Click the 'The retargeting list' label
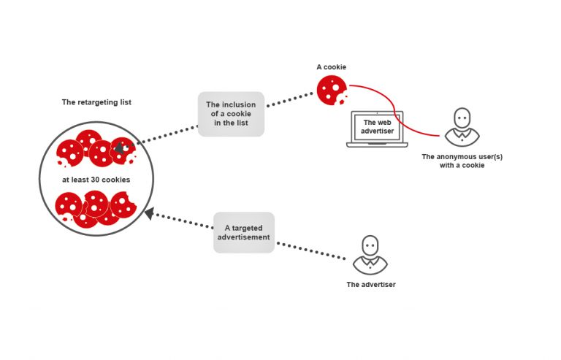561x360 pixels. pyautogui.click(x=96, y=102)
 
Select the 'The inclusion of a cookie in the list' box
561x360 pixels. pyautogui.click(x=231, y=114)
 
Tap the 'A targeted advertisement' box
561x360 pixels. pyautogui.click(x=244, y=232)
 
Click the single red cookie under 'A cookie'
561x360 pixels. pyautogui.click(x=332, y=90)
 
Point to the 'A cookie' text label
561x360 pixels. pyautogui.click(x=332, y=67)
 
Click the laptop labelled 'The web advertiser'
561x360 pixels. pyautogui.click(x=377, y=129)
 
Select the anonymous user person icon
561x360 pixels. pyautogui.click(x=462, y=127)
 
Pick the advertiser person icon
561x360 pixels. pyautogui.click(x=370, y=255)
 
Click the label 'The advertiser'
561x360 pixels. pyautogui.click(x=371, y=285)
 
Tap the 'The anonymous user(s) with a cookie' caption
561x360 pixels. pyautogui.click(x=462, y=161)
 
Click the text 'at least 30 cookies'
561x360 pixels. pyautogui.click(x=96, y=180)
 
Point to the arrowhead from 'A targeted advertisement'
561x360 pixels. pyautogui.click(x=150, y=213)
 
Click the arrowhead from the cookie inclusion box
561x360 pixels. pyautogui.click(x=120, y=148)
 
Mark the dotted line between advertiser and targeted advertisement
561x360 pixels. pyautogui.click(x=311, y=251)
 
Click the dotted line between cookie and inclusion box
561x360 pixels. pyautogui.click(x=290, y=100)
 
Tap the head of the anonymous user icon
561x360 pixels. pyautogui.click(x=462, y=118)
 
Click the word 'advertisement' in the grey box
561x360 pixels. pyautogui.click(x=244, y=237)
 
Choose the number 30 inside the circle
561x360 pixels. pyautogui.click(x=95, y=180)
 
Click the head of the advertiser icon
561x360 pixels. pyautogui.click(x=370, y=245)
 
